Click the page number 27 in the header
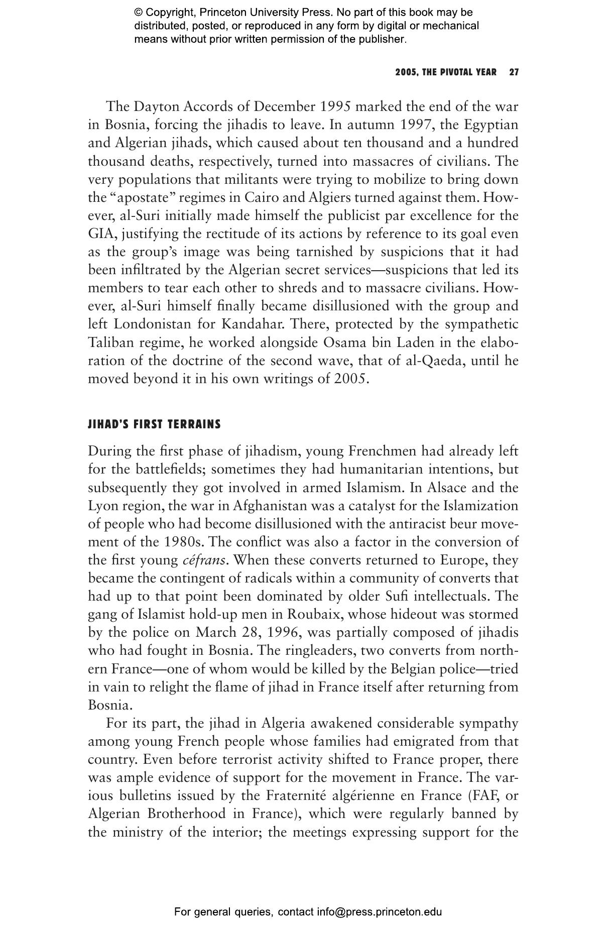point(514,72)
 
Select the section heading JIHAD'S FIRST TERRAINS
point(154,425)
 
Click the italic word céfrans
point(203,560)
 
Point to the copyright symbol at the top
point(138,13)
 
